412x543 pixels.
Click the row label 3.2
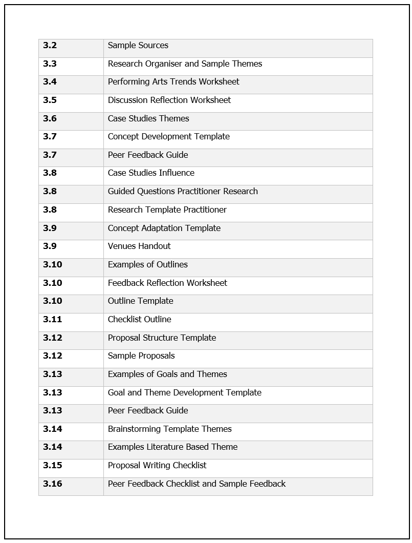pos(50,46)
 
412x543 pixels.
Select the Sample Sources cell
pos(138,46)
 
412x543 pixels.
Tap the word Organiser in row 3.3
pos(177,64)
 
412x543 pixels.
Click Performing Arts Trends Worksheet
pos(173,82)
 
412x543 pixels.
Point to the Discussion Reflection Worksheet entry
pos(169,100)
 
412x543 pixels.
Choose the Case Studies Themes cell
pos(148,119)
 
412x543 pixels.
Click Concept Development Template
pos(168,137)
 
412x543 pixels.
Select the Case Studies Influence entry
pos(150,173)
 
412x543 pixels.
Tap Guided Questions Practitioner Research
pos(182,192)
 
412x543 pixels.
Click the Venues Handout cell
pos(139,246)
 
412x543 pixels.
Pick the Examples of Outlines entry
pos(147,265)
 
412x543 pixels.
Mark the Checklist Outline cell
pos(139,320)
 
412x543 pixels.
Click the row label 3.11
pos(52,320)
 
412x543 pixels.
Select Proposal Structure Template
pos(162,338)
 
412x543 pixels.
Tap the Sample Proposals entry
pos(141,356)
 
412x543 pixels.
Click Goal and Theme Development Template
pos(184,393)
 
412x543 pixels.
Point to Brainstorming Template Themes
pos(169,429)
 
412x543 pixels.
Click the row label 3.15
pos(52,466)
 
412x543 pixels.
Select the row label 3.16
pos(52,484)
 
